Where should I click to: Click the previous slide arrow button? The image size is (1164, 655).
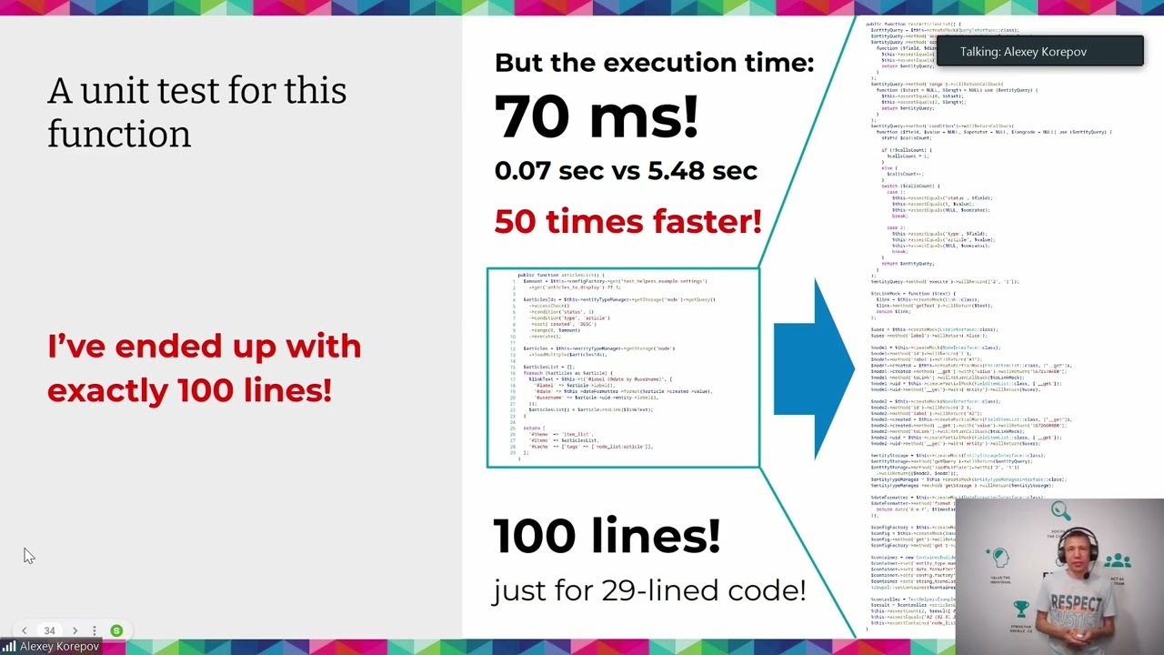(x=25, y=630)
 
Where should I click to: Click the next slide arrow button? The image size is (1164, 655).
(x=75, y=630)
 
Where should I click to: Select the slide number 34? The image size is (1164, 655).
(x=49, y=630)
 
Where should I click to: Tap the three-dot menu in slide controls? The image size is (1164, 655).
(x=94, y=630)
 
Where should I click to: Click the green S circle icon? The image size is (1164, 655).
(x=116, y=630)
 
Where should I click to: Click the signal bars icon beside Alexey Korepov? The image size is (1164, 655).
(x=9, y=647)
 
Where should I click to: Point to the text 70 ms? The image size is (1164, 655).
(x=596, y=116)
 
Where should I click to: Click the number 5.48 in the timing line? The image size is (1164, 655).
(x=685, y=170)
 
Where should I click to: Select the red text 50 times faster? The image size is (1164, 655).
(x=627, y=221)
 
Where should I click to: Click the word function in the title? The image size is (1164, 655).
(x=119, y=135)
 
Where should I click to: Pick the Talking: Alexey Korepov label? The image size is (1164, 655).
(x=1023, y=52)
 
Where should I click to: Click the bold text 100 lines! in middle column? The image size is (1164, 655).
(x=606, y=536)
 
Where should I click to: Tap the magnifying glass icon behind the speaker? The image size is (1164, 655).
(x=1059, y=511)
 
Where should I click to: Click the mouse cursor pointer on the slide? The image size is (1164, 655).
(x=28, y=556)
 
